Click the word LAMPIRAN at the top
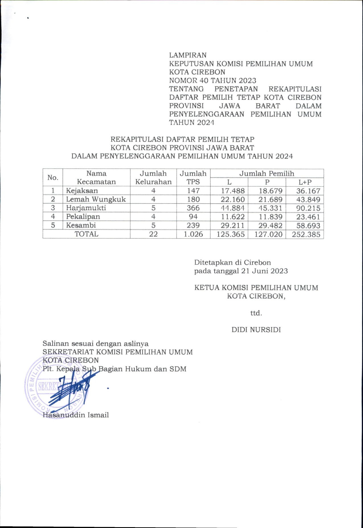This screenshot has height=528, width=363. click(188, 55)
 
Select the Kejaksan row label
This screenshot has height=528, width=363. click(82, 191)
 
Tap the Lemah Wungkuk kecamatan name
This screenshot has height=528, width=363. click(96, 199)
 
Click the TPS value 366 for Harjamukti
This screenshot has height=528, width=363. click(193, 208)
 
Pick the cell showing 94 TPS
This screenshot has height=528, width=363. click(193, 217)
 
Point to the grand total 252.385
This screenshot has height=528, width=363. click(306, 235)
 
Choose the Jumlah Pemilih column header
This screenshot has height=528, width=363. click(266, 173)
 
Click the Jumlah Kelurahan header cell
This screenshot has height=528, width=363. click(153, 178)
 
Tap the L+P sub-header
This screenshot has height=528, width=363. click(305, 182)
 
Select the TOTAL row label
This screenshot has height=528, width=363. click(86, 234)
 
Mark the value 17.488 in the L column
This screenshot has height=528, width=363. click(233, 191)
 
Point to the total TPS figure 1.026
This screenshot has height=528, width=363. click(193, 234)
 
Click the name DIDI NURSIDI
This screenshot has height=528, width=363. click(256, 330)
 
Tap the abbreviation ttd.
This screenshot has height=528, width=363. click(256, 313)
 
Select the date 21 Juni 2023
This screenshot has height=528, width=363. click(264, 271)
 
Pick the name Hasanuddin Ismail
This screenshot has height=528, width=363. click(76, 415)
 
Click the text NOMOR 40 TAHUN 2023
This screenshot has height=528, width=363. click(212, 81)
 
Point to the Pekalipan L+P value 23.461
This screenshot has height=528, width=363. click(308, 217)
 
